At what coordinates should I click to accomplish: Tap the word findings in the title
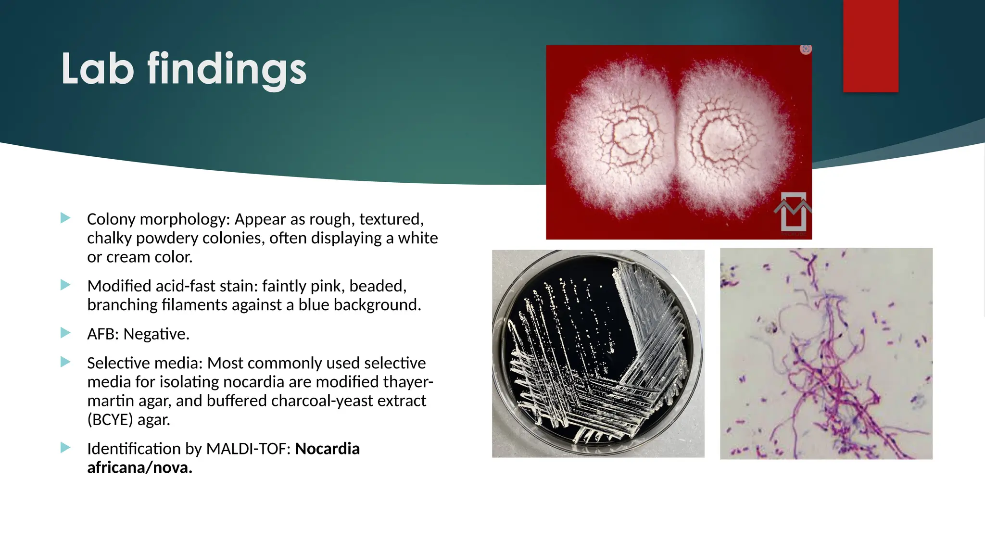pyautogui.click(x=227, y=70)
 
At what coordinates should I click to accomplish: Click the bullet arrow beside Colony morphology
pyautogui.click(x=65, y=218)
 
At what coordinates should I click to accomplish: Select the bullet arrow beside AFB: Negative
pyautogui.click(x=65, y=333)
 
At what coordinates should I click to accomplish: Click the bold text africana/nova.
pyautogui.click(x=139, y=467)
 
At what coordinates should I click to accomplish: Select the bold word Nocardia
pyautogui.click(x=327, y=449)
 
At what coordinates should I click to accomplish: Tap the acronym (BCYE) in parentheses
pyautogui.click(x=110, y=420)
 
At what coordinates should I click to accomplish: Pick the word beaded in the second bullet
pyautogui.click(x=378, y=286)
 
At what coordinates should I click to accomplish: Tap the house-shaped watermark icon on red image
pyautogui.click(x=793, y=212)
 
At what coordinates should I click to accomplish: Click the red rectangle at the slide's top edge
pyautogui.click(x=871, y=46)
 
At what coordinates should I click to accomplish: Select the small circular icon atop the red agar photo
pyautogui.click(x=806, y=49)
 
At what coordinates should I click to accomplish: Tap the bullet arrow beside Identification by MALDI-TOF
pyautogui.click(x=65, y=448)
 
